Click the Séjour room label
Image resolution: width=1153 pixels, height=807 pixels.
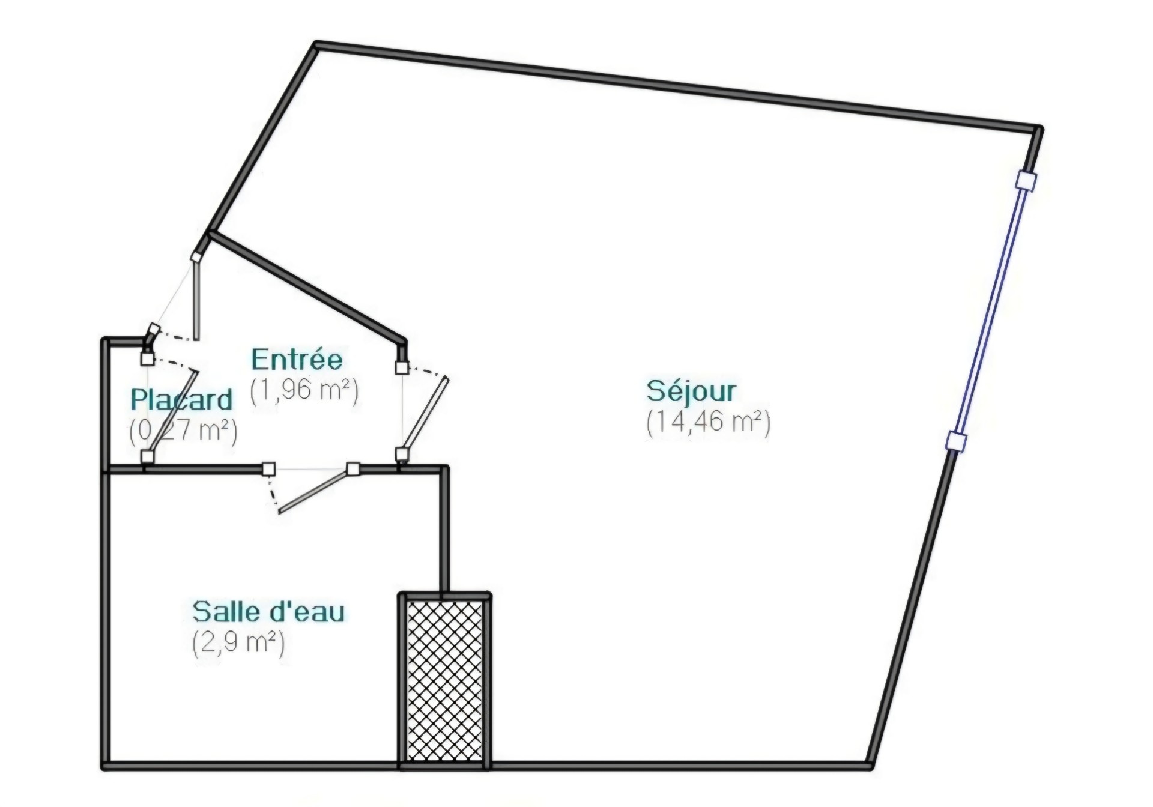point(691,391)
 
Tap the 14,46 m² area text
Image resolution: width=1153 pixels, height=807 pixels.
point(708,422)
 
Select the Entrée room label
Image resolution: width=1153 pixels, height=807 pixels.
point(297,359)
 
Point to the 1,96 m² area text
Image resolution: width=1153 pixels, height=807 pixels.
point(304,391)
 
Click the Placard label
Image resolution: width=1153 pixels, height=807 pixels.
point(181,399)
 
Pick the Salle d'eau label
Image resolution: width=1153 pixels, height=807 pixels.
point(268,611)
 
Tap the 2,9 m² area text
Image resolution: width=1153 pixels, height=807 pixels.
point(238,642)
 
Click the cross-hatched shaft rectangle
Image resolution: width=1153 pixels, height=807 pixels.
point(445,682)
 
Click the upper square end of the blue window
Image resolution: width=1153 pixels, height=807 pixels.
point(1027,181)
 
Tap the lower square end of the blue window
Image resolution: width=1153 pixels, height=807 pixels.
point(955,441)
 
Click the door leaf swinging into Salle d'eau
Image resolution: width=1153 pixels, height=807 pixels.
point(313,492)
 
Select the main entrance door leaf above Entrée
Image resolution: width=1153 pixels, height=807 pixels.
point(195,298)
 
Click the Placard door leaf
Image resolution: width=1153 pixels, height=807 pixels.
point(173,413)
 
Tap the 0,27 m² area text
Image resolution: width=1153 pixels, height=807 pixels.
point(183,431)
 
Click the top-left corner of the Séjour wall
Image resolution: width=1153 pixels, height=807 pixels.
point(316,46)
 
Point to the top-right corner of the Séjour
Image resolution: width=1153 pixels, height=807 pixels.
point(1037,129)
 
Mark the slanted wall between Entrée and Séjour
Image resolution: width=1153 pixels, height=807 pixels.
point(307,288)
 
